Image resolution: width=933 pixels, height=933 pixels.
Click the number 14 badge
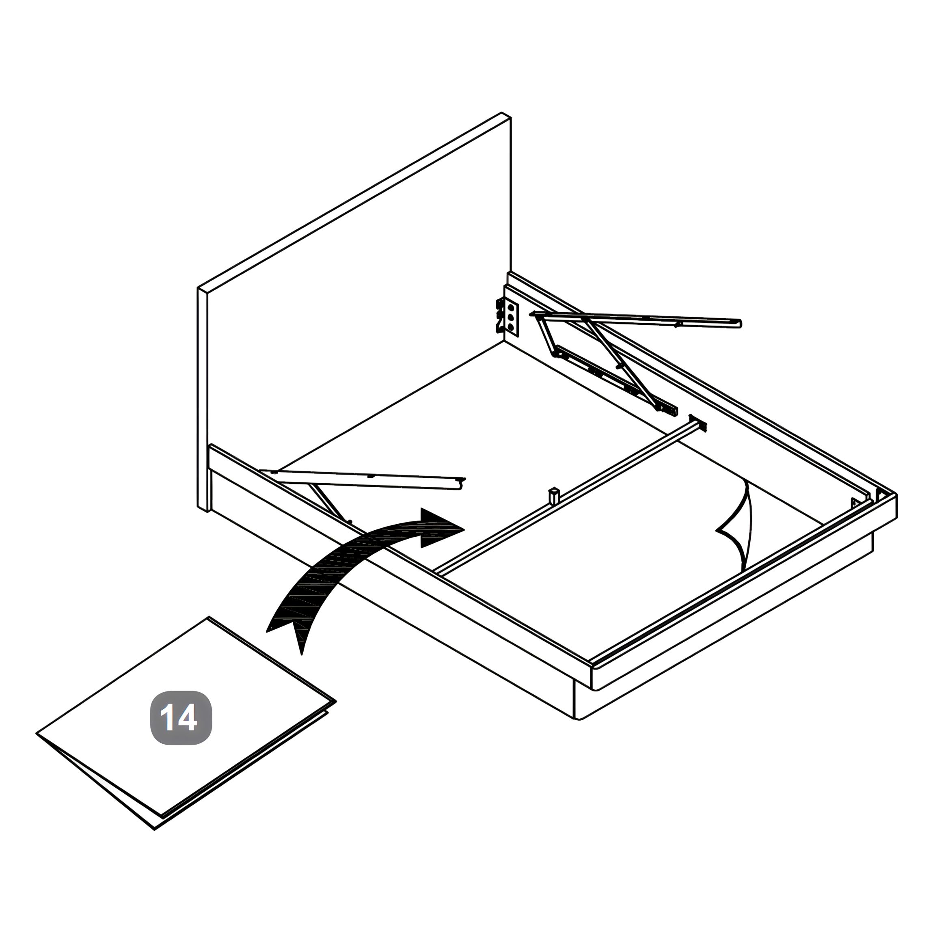(181, 718)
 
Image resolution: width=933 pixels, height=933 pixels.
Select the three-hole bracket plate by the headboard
(510, 317)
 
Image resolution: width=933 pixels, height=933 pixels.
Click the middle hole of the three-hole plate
(510, 317)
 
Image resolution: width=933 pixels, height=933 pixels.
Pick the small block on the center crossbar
(553, 495)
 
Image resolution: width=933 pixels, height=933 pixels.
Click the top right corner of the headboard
(510, 117)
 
